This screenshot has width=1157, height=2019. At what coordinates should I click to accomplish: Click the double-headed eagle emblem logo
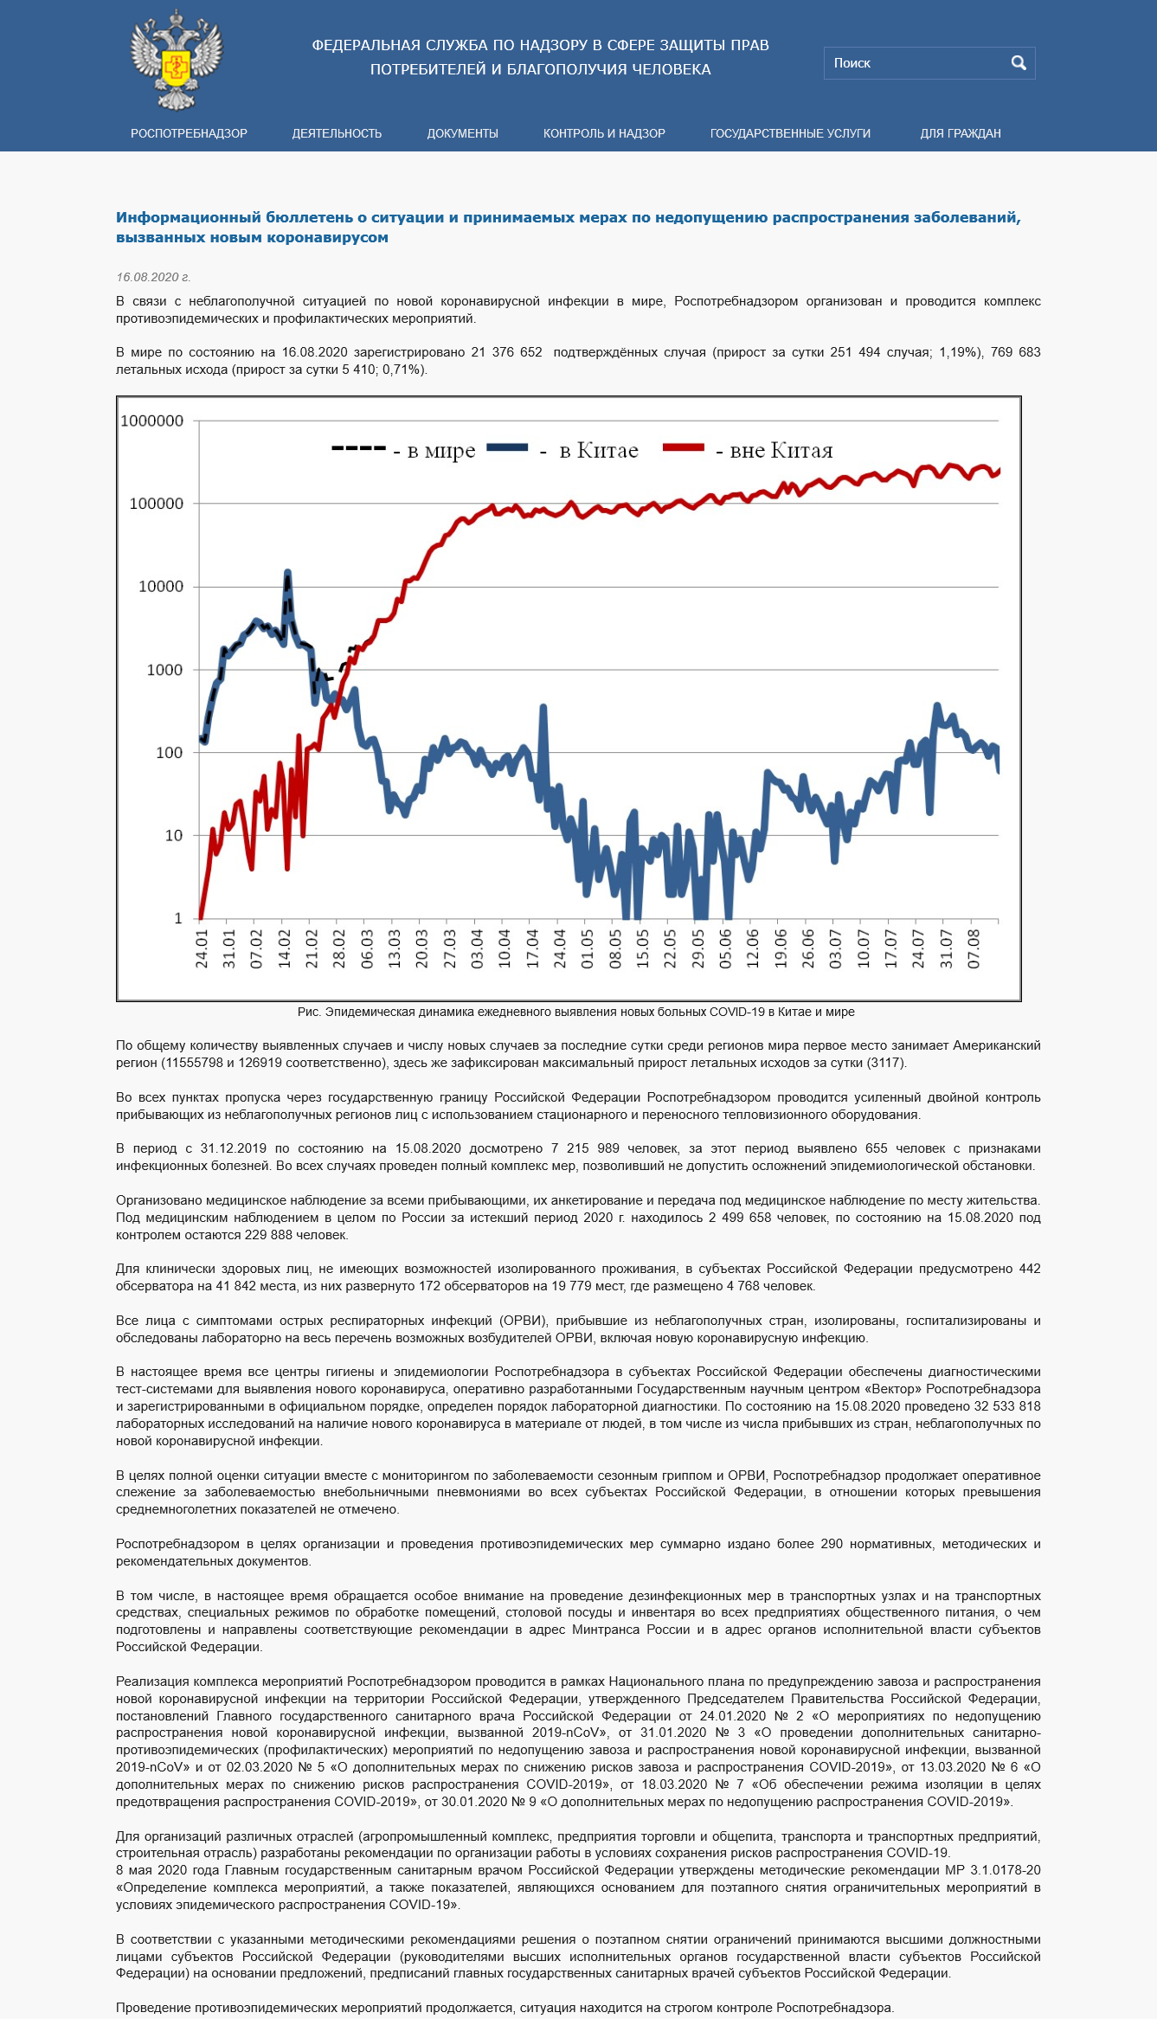point(177,61)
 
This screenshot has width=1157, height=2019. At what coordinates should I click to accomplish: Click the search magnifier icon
point(1019,62)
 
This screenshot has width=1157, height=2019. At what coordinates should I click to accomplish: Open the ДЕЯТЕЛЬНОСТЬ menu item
point(337,133)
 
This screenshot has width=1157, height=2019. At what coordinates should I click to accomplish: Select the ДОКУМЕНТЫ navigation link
point(462,133)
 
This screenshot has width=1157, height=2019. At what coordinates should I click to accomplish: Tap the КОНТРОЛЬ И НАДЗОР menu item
point(604,133)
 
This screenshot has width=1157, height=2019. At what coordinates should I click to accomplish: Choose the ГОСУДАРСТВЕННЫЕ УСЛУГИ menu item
point(790,133)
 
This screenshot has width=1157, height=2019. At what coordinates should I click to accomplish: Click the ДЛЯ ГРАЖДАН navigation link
point(961,133)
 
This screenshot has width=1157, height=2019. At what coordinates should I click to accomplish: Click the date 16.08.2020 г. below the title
point(153,277)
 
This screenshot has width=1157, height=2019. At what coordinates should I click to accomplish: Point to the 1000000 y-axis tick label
point(152,421)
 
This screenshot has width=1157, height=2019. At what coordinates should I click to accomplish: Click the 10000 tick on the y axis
point(161,586)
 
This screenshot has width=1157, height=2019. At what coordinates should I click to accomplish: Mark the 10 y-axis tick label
point(174,835)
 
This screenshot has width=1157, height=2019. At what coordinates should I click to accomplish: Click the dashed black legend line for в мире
point(358,448)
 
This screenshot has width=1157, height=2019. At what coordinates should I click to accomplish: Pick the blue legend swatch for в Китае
point(507,447)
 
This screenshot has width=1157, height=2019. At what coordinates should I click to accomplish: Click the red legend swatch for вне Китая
point(684,447)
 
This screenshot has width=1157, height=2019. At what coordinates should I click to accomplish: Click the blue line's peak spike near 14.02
point(287,572)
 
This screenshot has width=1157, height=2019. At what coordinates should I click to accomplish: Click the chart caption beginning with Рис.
point(576,1012)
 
